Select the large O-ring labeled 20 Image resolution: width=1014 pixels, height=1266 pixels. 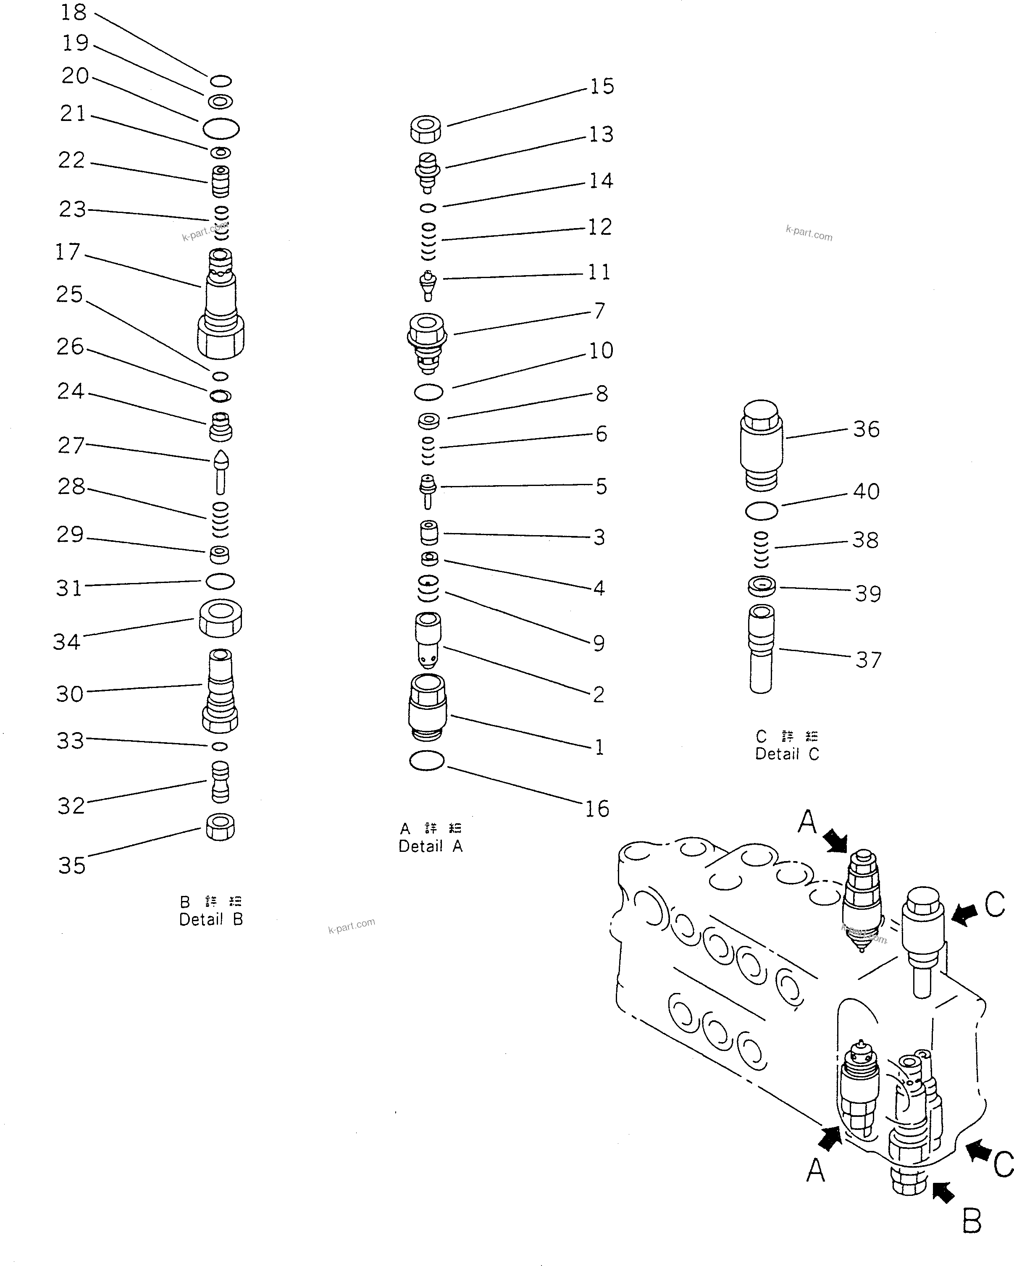[x=221, y=128]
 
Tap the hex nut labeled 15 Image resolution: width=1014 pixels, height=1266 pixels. [x=426, y=129]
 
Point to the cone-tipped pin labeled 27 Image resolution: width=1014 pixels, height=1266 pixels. [x=221, y=472]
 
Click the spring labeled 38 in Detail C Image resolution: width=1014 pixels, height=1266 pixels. [x=761, y=549]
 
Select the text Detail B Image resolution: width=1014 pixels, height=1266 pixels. [x=211, y=919]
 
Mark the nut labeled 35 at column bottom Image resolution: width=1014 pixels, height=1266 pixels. [x=220, y=827]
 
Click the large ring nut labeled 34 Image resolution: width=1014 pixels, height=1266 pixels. [x=220, y=618]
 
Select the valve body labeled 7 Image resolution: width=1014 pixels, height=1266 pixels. [x=427, y=342]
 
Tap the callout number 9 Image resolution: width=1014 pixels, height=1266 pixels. [x=598, y=643]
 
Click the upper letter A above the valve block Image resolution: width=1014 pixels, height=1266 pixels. [x=807, y=822]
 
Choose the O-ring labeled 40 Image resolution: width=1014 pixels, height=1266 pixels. [x=762, y=510]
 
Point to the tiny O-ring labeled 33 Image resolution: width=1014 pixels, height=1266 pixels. [x=220, y=746]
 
